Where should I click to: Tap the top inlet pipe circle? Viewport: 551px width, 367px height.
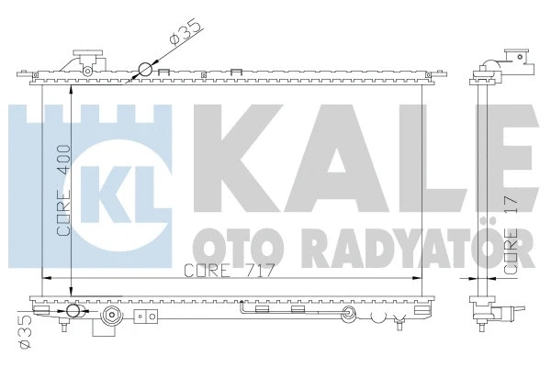point(145,69)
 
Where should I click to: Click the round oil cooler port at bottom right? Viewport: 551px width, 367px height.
point(348,317)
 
